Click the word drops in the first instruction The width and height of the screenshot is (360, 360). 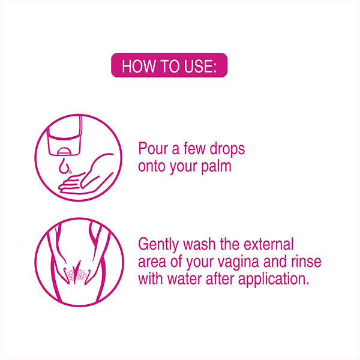(227, 149)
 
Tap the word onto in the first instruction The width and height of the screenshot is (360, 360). (152, 166)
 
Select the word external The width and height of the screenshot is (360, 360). (268, 244)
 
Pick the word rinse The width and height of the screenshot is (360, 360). (306, 262)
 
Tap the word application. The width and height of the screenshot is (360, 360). (274, 280)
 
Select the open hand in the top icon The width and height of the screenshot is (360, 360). (86, 175)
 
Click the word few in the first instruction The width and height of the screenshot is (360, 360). (194, 149)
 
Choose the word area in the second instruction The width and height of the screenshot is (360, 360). (152, 262)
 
